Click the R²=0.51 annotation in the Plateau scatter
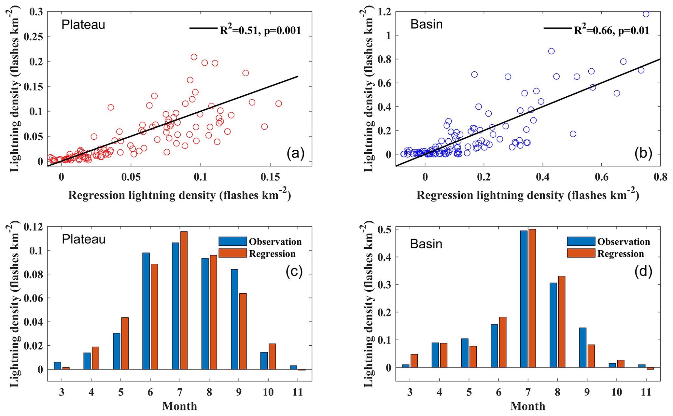pyautogui.click(x=260, y=30)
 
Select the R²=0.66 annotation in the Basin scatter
pyautogui.click(x=611, y=30)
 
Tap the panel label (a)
pyautogui.click(x=295, y=153)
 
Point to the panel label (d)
pyautogui.click(x=643, y=272)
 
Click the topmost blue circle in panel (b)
pyautogui.click(x=646, y=14)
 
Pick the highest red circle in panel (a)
pyautogui.click(x=194, y=57)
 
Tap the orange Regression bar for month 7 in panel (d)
pyautogui.click(x=532, y=298)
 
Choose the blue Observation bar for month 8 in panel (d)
pyautogui.click(x=553, y=325)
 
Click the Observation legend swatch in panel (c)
pyautogui.click(x=232, y=241)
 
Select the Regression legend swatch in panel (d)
pyautogui.click(x=581, y=253)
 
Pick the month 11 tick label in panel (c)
pyautogui.click(x=298, y=392)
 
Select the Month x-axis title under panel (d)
pyautogui.click(x=527, y=406)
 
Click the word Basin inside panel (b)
pyautogui.click(x=426, y=24)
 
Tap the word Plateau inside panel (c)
pyautogui.click(x=84, y=239)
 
